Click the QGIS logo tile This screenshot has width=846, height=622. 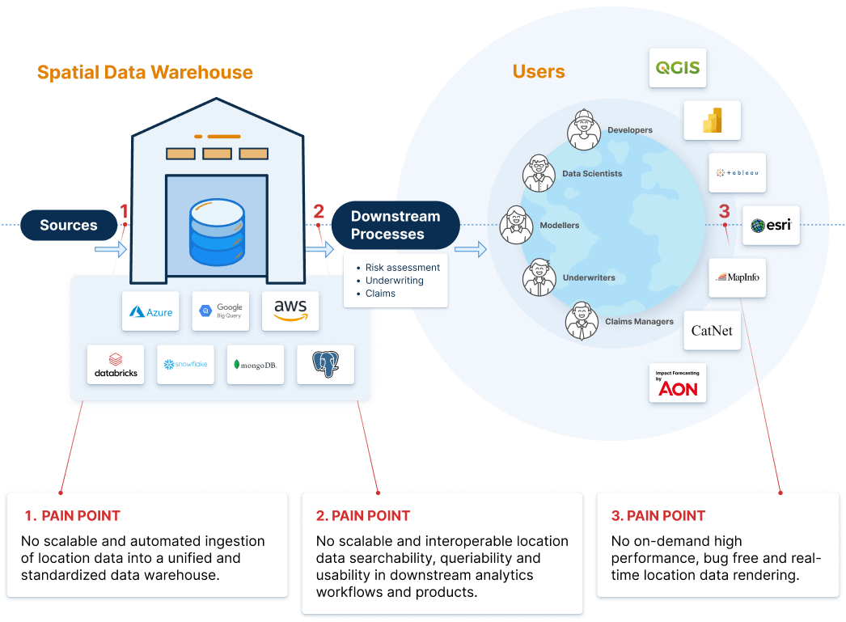pyautogui.click(x=678, y=67)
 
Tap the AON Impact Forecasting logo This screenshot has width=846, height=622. pyautogui.click(x=678, y=383)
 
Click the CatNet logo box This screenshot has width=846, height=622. pyautogui.click(x=712, y=330)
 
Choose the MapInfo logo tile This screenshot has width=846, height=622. pyautogui.click(x=737, y=277)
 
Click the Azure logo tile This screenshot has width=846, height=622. pyautogui.click(x=150, y=311)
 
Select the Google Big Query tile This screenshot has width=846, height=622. pyautogui.click(x=220, y=311)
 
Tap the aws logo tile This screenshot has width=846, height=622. pyautogui.click(x=290, y=311)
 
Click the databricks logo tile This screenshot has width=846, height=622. pyautogui.click(x=116, y=365)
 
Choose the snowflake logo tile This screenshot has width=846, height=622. pyautogui.click(x=185, y=365)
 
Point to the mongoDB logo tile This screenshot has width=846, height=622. pyautogui.click(x=256, y=365)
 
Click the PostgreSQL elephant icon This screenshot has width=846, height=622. pyautogui.click(x=325, y=365)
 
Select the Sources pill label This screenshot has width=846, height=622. pyautogui.click(x=69, y=225)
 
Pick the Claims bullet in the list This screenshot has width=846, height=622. pyautogui.click(x=380, y=294)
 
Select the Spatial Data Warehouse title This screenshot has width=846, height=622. pyautogui.click(x=145, y=72)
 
